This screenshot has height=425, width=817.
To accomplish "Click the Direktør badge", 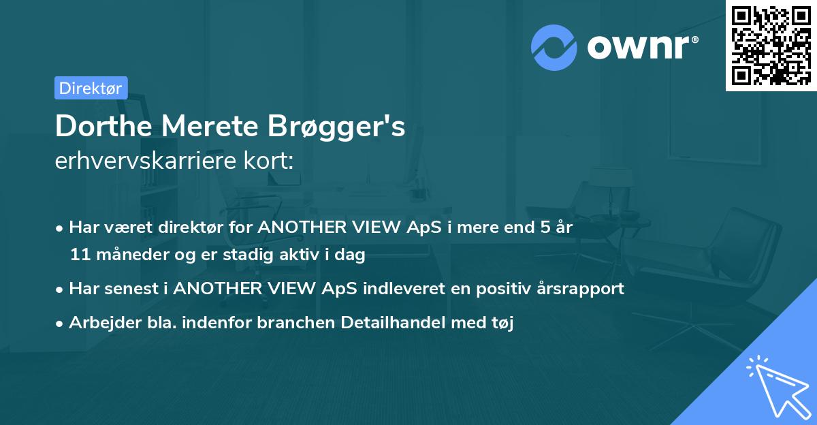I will tap(91, 88).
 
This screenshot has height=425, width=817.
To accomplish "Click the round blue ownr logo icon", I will tap(554, 48).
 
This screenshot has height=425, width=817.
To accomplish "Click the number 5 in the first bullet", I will tap(545, 227).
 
